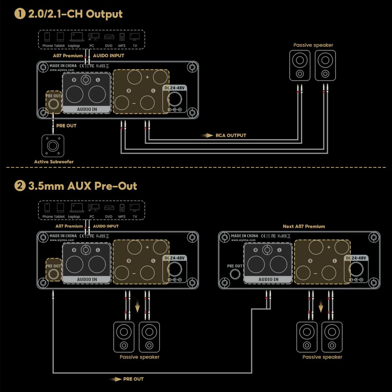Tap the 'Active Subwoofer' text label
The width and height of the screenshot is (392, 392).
tap(54, 162)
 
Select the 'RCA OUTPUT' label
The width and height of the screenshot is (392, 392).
tap(231, 136)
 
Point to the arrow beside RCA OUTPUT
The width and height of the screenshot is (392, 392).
tap(207, 136)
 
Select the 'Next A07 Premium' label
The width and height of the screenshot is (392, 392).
tap(304, 227)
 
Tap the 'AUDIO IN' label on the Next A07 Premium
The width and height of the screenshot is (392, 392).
tap(268, 279)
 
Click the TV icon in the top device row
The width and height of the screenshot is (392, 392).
tap(134, 38)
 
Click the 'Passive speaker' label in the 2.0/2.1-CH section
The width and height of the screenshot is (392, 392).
tap(313, 45)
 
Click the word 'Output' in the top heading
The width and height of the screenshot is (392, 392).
tap(104, 14)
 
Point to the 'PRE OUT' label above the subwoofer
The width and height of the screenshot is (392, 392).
tap(66, 126)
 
